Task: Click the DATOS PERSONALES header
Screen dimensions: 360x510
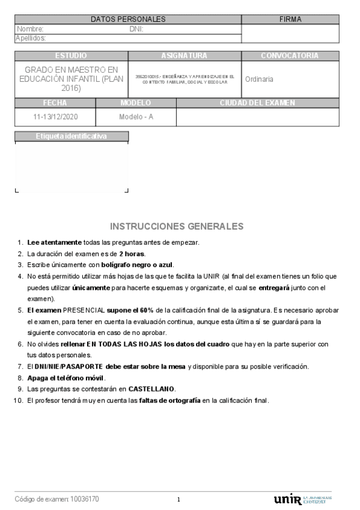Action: [x=128, y=19]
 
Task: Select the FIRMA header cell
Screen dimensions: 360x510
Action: [x=290, y=19]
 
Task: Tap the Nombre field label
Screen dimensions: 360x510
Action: [x=30, y=29]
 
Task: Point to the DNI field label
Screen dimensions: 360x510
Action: [x=136, y=29]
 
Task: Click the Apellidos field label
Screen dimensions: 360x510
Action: [x=31, y=38]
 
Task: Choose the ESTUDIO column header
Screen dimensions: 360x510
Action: [x=71, y=56]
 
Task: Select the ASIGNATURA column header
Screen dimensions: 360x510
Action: [x=184, y=56]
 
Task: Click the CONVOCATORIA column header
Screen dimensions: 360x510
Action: [x=290, y=56]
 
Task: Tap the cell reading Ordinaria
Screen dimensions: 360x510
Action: [x=259, y=79]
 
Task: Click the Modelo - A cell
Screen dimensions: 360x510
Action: [x=136, y=117]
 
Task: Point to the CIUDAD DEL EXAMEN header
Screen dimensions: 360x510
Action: [x=257, y=103]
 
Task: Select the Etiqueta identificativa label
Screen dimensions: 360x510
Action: [x=71, y=137]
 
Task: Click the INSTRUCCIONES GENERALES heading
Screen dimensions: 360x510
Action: [x=177, y=226]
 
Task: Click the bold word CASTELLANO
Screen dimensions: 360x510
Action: [x=151, y=389]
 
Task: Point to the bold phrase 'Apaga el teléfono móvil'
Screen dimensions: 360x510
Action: [x=66, y=378]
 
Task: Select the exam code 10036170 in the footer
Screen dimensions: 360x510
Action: [x=85, y=499]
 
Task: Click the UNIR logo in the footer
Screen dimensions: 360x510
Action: [x=288, y=499]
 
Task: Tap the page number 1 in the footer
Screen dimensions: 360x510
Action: [x=178, y=500]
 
